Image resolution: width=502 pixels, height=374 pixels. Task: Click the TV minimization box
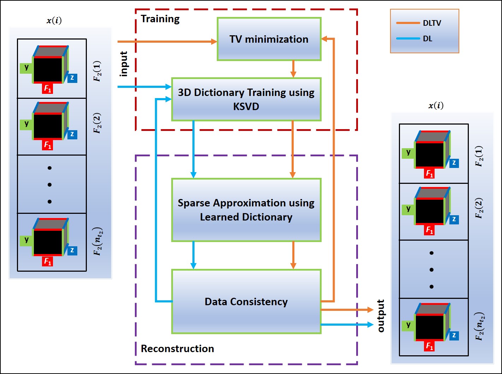pos(269,39)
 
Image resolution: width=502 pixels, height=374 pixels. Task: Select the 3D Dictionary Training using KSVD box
pos(246,99)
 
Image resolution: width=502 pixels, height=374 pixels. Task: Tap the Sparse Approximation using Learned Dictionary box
pos(246,210)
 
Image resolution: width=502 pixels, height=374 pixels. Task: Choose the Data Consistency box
pos(246,302)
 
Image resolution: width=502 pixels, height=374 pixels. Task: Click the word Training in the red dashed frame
pos(160,19)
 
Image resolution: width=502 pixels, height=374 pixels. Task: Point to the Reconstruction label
pos(177,349)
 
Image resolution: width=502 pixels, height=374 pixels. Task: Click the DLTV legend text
pos(432,23)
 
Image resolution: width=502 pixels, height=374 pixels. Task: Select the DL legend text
pos(428,39)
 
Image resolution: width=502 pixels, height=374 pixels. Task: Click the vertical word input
pos(124,64)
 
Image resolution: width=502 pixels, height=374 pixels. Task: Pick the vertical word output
pos(381,316)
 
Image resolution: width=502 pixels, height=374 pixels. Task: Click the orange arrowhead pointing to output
pos(370,310)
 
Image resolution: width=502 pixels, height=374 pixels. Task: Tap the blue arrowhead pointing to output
pos(370,325)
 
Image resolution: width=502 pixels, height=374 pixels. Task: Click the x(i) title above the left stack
pos(54,20)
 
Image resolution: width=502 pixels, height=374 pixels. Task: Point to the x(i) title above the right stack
pos(436,105)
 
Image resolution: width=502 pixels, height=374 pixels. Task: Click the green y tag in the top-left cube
pos(26,67)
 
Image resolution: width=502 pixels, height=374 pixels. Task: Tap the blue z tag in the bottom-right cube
pos(454,336)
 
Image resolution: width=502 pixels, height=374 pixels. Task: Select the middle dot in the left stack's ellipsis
pos(49,185)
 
